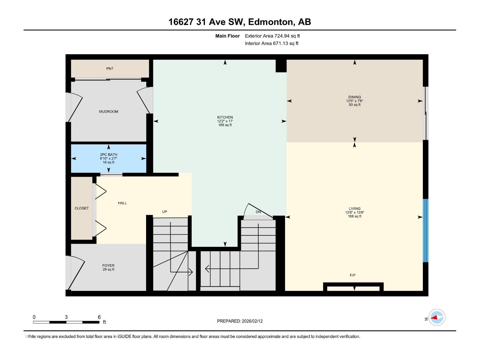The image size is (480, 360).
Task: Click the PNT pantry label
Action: [x=110, y=69]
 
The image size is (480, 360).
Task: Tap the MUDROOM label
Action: [x=109, y=112]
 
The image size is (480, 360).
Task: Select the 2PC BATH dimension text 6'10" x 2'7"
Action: [x=109, y=158]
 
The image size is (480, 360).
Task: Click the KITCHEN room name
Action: [x=225, y=117]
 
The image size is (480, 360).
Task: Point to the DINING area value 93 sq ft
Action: [x=355, y=105]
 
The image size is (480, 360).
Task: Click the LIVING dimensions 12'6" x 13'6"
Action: [x=355, y=212]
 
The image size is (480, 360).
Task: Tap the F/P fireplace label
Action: [x=352, y=275]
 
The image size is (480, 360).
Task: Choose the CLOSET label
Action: [x=82, y=208]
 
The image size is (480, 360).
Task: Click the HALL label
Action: [x=122, y=203]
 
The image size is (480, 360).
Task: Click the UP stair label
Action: [x=164, y=211]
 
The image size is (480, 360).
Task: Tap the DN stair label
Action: [x=258, y=212]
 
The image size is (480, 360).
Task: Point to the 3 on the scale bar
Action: [x=66, y=317]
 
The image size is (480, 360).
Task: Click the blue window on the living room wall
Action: [x=425, y=230]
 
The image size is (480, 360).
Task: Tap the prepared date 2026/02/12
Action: [x=252, y=321]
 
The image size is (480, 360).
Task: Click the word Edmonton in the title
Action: [x=270, y=22]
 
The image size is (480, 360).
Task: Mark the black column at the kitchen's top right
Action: [x=281, y=66]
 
